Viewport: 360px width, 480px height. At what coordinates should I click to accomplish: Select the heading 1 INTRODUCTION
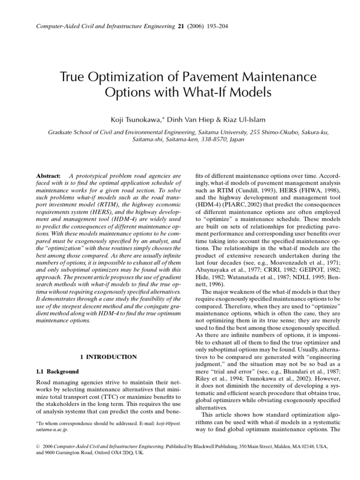click(108, 357)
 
